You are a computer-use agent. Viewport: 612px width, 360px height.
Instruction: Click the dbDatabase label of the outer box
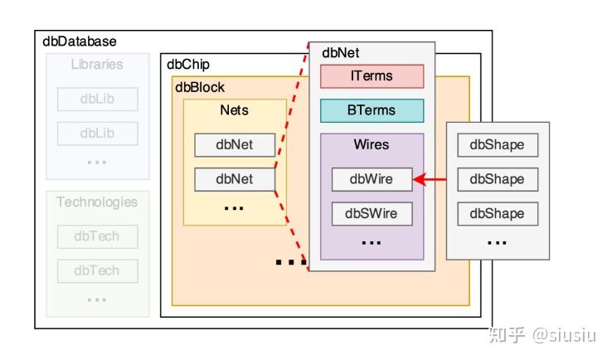80,41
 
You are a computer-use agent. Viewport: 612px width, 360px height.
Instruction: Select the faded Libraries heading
97,64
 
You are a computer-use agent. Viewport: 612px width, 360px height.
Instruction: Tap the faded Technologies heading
97,202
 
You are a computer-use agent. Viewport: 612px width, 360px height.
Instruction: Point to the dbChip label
188,64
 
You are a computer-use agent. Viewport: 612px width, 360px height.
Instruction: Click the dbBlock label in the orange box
199,87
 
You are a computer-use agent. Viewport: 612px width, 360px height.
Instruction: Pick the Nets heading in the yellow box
234,109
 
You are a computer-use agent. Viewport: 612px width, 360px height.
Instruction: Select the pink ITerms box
372,76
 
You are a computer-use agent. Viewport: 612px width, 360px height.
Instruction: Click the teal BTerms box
372,110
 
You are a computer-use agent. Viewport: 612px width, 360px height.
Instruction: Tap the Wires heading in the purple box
372,144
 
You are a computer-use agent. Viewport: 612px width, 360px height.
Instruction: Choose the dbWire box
372,178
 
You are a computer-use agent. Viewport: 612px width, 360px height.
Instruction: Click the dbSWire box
372,213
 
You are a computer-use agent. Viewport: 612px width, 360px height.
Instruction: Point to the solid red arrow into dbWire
430,178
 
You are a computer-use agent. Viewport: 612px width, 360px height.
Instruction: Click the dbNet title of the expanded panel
341,53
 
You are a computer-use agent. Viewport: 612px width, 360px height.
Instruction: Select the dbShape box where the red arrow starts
497,178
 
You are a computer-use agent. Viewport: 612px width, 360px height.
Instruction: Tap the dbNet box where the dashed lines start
234,178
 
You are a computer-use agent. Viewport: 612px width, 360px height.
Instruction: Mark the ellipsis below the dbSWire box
372,242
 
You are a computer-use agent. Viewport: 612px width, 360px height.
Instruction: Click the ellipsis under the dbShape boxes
497,242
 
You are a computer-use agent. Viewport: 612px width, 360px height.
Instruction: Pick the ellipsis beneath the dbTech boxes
97,299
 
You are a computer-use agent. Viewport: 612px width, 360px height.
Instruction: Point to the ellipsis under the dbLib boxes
97,161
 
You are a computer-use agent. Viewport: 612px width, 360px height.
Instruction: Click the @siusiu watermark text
567,334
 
